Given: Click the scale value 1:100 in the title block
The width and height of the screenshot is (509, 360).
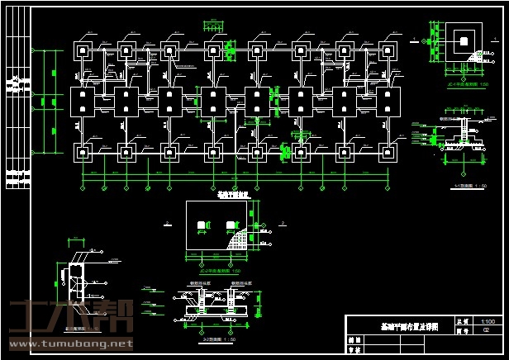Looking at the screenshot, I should (x=488, y=320).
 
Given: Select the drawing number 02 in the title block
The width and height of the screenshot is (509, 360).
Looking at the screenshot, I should (x=487, y=329).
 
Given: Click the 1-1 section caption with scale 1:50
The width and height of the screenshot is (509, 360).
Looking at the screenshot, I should (x=470, y=186).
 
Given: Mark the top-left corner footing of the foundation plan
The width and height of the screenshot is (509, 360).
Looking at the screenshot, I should (x=84, y=50).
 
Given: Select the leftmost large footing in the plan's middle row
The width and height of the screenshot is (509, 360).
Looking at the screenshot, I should (x=83, y=102).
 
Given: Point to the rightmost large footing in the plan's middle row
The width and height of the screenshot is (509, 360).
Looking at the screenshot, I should (x=387, y=102).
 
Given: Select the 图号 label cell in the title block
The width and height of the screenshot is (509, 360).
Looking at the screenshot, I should (x=461, y=329).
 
